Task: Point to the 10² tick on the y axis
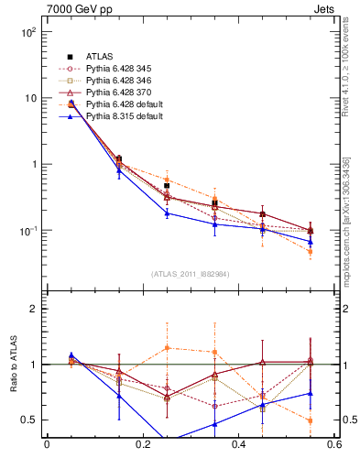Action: (x=27, y=32)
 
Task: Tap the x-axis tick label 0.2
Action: (x=142, y=446)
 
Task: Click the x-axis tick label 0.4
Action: (x=238, y=446)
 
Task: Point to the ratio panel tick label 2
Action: (x=34, y=310)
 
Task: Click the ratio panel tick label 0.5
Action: (x=29, y=420)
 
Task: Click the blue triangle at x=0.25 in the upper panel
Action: (x=167, y=213)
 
